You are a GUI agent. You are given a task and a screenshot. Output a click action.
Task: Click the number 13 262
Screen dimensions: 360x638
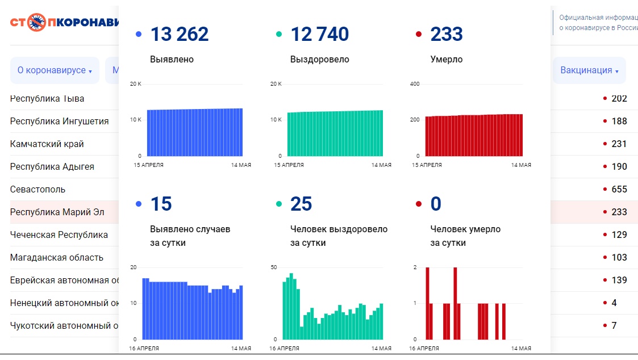[179, 35]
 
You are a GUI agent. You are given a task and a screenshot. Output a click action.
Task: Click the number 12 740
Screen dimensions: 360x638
[319, 35]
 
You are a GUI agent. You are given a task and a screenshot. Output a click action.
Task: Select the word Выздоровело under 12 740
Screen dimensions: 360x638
[319, 59]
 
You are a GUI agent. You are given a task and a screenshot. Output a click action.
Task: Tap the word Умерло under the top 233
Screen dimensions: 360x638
[447, 59]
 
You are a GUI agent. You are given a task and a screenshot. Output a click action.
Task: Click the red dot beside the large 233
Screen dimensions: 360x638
[419, 35]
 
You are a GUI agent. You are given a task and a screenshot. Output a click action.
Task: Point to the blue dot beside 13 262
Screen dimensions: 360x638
[139, 35]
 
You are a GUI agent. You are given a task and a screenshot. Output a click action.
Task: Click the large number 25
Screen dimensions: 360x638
[301, 204]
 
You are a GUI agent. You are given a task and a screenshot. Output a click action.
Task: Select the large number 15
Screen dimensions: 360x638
[161, 204]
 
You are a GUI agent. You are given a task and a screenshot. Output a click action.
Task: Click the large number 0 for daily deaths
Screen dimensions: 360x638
[436, 204]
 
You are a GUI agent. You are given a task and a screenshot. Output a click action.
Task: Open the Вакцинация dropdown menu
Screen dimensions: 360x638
[589, 70]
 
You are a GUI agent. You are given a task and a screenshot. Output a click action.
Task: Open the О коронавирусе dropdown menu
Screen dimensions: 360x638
[55, 70]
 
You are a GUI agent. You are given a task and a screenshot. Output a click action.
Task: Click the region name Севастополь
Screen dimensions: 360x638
[37, 189]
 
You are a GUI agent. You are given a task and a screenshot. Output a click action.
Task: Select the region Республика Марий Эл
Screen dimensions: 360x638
[57, 212]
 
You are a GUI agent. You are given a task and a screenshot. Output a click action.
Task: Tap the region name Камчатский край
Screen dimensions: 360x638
[47, 144]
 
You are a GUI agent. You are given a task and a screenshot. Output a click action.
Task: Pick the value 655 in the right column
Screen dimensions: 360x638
[619, 189]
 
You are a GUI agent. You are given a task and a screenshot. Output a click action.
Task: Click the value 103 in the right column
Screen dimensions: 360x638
[619, 257]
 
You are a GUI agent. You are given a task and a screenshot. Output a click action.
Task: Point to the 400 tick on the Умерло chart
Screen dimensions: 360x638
[415, 84]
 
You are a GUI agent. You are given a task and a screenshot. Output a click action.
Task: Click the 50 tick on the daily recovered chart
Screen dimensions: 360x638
[273, 267]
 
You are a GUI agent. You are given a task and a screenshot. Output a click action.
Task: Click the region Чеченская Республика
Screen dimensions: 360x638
[59, 235]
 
